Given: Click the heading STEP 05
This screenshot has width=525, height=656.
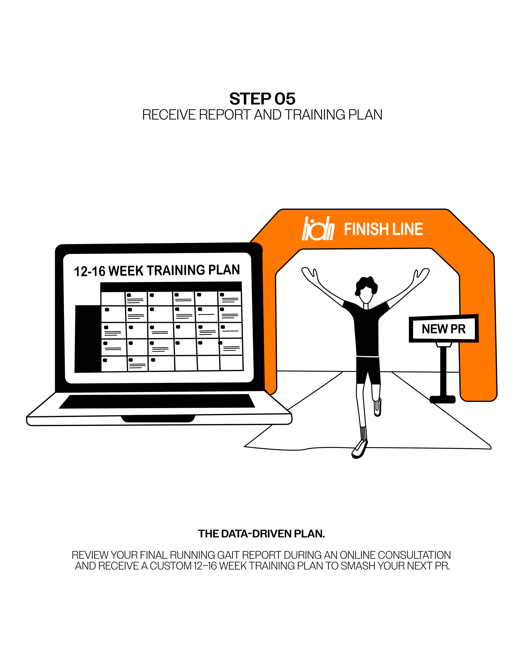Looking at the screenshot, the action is [x=262, y=99].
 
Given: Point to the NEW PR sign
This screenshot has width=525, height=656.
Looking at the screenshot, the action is [x=444, y=329].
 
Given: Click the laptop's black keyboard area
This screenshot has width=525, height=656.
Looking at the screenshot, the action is [x=157, y=401].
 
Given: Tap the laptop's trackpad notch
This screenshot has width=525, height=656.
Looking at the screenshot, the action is [x=158, y=418].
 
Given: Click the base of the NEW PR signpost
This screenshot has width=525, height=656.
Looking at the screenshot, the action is [x=442, y=399].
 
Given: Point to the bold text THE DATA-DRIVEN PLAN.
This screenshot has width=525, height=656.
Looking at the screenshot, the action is [x=261, y=534].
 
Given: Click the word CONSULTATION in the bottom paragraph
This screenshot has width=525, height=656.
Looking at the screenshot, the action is [x=414, y=555].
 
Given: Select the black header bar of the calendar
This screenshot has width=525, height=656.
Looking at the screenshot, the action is [x=171, y=287].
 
